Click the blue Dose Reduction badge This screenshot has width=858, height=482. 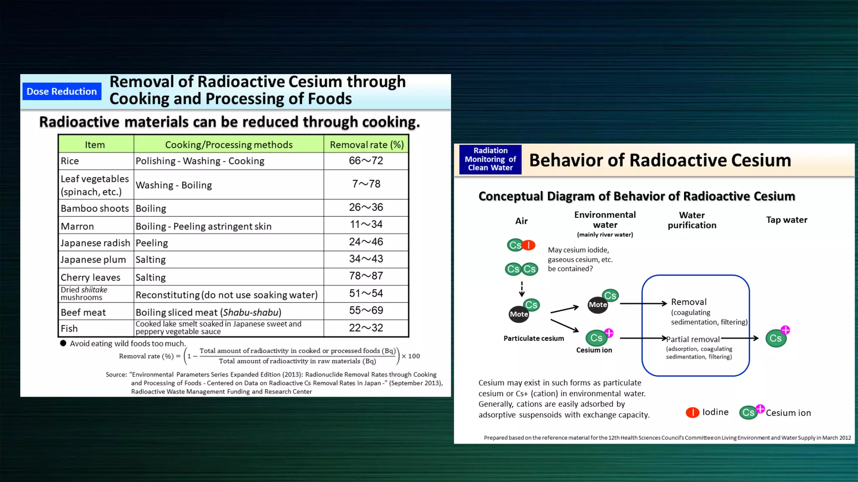point(62,91)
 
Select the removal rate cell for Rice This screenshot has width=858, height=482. point(366,161)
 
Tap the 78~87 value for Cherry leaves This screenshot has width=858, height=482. point(366,276)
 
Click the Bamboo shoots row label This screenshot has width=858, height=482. point(95,208)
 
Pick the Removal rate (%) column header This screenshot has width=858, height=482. point(367,145)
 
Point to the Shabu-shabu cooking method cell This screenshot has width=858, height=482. point(208,312)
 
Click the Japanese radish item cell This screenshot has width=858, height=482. point(95,243)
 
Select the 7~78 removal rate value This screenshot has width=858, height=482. point(366,184)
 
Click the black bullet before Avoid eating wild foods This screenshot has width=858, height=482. point(63,343)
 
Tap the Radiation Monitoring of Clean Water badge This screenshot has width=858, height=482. point(490,159)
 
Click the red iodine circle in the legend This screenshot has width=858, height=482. point(692,413)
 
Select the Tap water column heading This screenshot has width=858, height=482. point(786,220)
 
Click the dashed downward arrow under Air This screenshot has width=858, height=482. point(522,289)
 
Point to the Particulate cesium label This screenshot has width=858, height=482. point(533,338)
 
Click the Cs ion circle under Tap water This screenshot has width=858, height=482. point(776,338)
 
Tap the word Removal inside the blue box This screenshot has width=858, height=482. point(688,302)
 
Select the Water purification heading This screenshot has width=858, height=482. point(692,220)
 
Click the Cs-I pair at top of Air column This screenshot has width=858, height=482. point(521,245)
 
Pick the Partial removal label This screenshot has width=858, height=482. point(693,339)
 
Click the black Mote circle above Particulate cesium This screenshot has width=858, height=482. point(519,314)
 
